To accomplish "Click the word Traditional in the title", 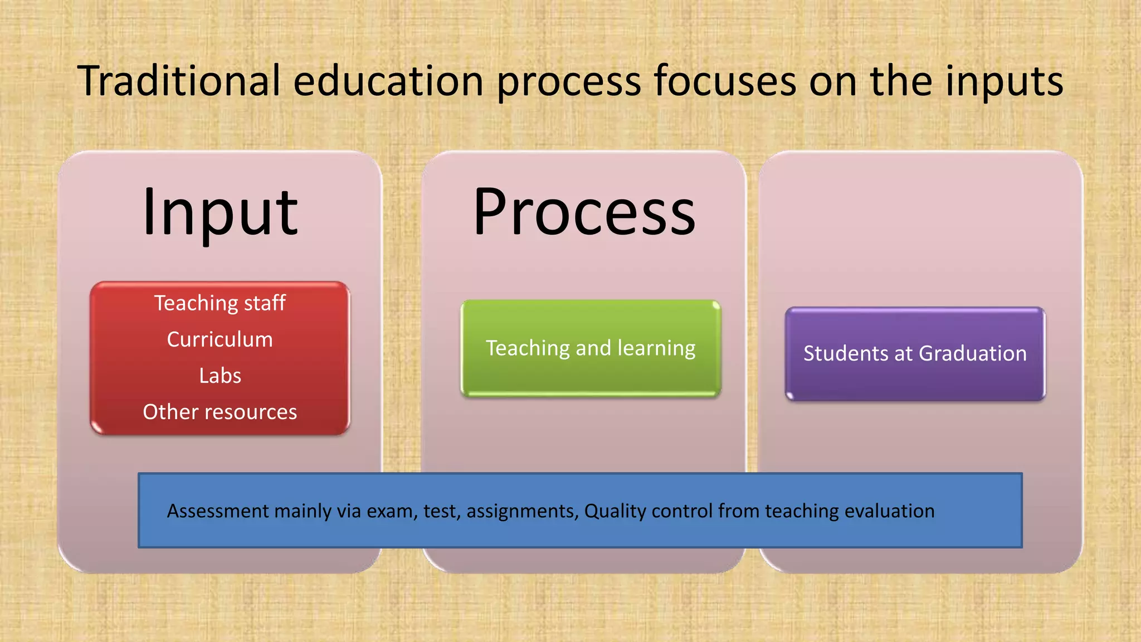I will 178,81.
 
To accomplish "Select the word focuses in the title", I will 725,81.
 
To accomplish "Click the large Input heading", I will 220,213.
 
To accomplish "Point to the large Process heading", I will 584,213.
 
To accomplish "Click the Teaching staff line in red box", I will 220,303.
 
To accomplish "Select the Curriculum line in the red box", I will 220,339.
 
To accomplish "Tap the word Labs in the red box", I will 220,376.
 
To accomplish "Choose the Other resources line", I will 220,412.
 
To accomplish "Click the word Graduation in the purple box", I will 972,353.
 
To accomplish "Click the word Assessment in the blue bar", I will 218,511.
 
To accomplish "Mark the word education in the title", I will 388,81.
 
